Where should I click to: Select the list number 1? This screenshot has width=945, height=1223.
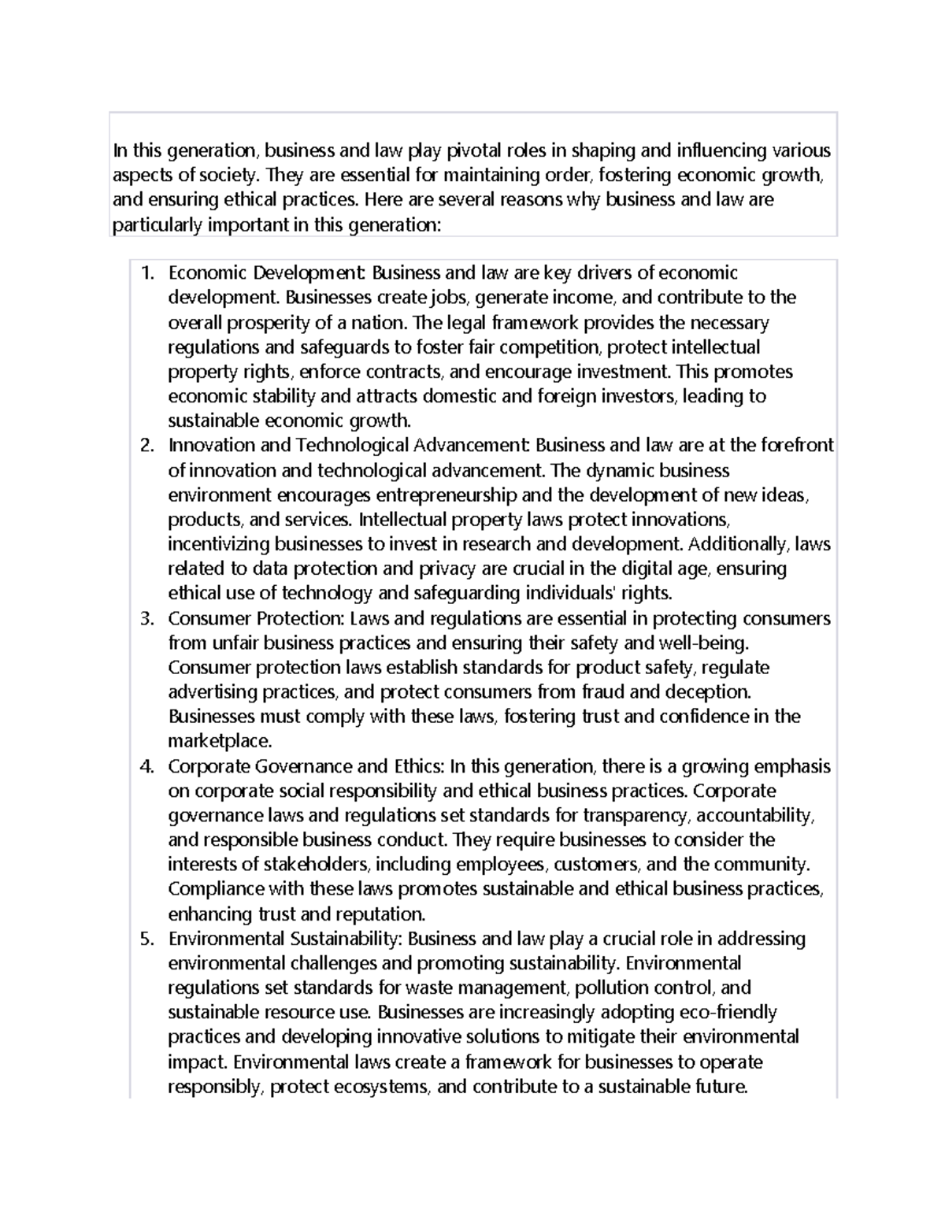[146, 273]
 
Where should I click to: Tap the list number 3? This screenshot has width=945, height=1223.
[146, 618]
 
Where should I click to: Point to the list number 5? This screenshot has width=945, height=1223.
[146, 939]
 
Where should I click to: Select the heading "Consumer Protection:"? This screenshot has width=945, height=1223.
[256, 618]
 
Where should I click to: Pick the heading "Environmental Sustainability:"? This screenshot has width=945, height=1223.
[285, 939]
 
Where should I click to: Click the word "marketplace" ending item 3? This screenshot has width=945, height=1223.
[218, 741]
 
